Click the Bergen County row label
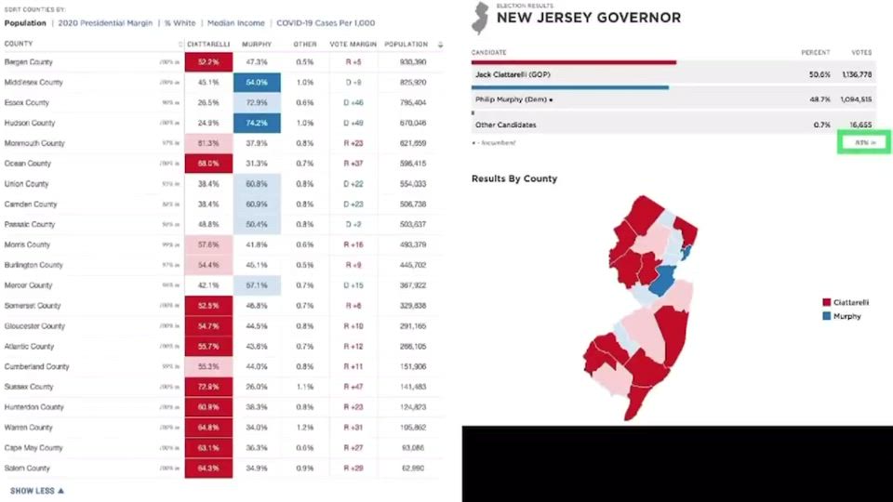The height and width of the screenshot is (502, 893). point(28,62)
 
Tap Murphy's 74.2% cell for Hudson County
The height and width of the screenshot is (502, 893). point(256,123)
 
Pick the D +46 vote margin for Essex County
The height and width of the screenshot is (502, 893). point(353,102)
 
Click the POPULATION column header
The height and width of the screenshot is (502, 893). point(406,44)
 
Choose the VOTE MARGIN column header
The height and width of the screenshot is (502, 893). point(353,44)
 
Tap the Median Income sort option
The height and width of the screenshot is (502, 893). point(235,23)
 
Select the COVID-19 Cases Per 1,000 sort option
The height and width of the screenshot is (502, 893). point(325,23)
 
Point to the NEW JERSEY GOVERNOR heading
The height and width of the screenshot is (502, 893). point(588,18)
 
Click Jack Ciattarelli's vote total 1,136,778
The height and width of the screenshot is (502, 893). point(852,73)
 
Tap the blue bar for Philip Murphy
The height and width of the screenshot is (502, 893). point(570,88)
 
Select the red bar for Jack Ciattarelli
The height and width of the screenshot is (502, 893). point(574,63)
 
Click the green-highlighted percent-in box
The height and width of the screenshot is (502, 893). point(864,142)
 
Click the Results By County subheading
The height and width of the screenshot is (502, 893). point(514,178)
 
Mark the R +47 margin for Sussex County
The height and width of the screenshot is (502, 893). point(353,387)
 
